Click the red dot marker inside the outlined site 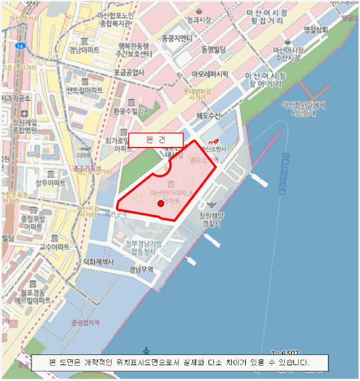pyautogui.click(x=160, y=204)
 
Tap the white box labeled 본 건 pyautogui.click(x=156, y=140)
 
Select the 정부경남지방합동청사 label pyautogui.click(x=144, y=247)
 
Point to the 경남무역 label pyautogui.click(x=141, y=269)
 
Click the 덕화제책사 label pyautogui.click(x=98, y=262)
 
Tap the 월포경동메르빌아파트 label pyautogui.click(x=33, y=296)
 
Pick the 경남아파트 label pyautogui.click(x=84, y=50)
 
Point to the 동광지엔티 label pyautogui.click(x=177, y=39)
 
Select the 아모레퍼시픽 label pyautogui.click(x=210, y=73)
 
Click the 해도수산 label pyautogui.click(x=208, y=116)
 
